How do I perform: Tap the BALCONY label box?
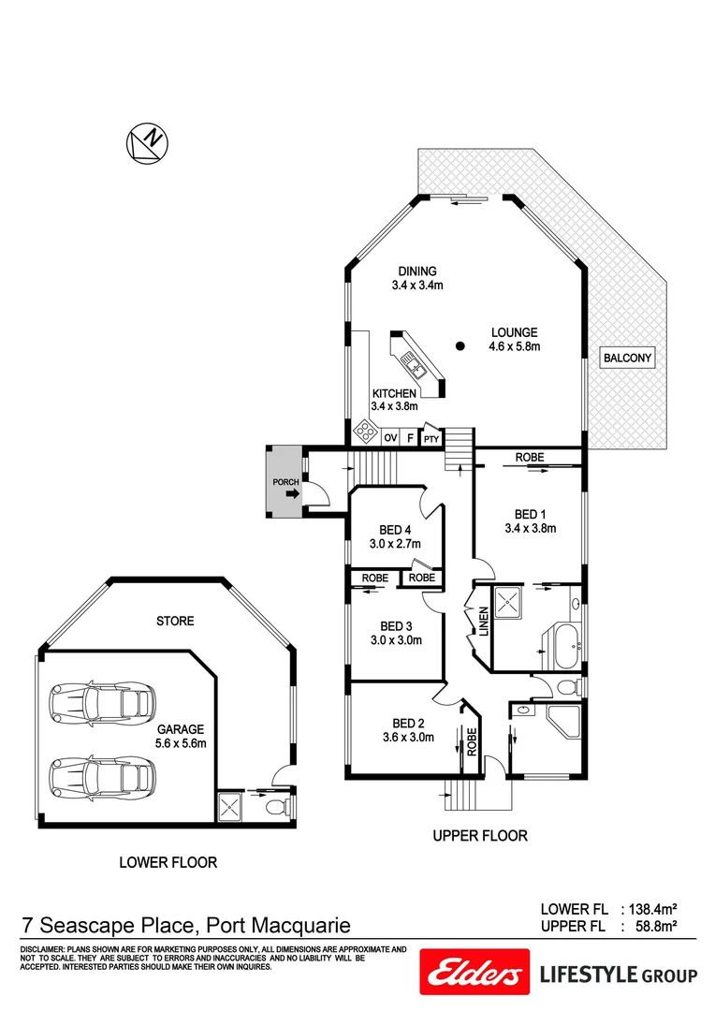[627, 358]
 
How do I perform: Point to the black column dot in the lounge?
[460, 346]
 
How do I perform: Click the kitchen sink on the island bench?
[413, 359]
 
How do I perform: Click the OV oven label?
[390, 437]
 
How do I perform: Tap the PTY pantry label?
[430, 438]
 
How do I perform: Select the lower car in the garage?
[100, 774]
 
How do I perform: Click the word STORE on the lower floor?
[175, 621]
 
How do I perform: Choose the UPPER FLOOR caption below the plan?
[480, 835]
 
